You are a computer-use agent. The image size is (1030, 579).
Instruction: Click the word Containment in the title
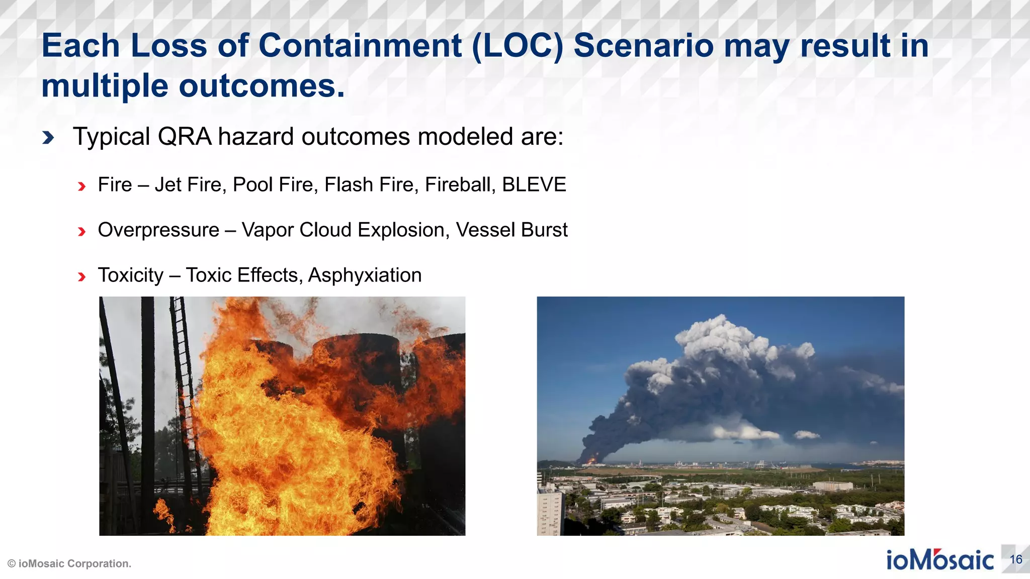[x=360, y=46]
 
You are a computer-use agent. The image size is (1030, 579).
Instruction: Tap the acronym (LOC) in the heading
[x=518, y=46]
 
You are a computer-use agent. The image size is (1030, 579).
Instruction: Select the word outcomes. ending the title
[x=262, y=86]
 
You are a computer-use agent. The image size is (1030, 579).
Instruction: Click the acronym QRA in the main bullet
[x=184, y=137]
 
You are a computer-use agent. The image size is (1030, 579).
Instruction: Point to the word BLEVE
[x=534, y=185]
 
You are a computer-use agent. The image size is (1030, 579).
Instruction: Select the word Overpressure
[x=158, y=230]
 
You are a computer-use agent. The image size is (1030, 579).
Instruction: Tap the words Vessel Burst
[x=511, y=230]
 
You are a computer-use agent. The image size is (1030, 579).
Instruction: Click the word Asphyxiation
[x=365, y=275]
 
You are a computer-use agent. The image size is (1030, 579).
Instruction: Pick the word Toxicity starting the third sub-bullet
[x=131, y=275]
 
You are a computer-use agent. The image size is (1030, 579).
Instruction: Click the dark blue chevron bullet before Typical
[x=48, y=137]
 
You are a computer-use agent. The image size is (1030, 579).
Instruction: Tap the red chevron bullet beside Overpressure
[x=81, y=232]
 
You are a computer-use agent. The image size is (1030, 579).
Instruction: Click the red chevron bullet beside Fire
[x=81, y=186]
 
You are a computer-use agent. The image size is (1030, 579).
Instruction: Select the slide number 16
[x=1015, y=559]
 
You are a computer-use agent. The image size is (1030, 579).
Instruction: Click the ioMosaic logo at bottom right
[x=939, y=560]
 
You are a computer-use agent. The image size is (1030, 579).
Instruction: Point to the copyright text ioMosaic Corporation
[x=70, y=564]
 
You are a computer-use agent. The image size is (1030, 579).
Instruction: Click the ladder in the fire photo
[x=183, y=377]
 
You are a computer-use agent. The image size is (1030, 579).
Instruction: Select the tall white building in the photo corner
[x=550, y=513]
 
